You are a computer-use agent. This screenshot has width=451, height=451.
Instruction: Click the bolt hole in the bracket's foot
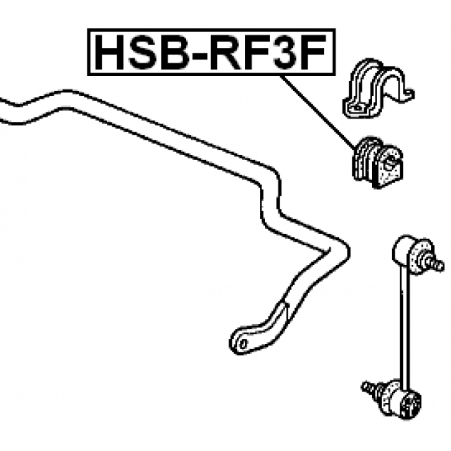[x=356, y=108]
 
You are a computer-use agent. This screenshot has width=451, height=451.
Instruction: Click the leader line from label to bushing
[x=318, y=113]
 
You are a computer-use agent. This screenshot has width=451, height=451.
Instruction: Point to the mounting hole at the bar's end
[x=244, y=344]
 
